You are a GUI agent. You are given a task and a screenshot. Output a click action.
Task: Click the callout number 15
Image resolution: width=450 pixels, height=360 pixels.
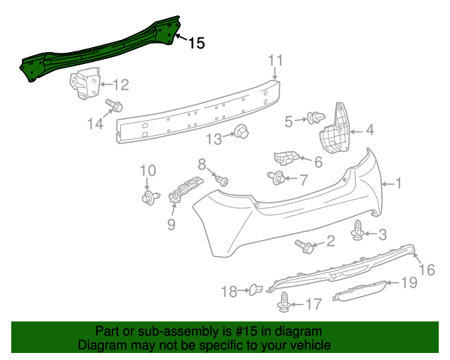[196, 43]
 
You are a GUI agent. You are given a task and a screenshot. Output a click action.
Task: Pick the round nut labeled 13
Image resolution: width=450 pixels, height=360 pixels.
[242, 132]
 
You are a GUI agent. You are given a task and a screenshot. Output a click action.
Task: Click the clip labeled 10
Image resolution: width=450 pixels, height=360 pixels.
[148, 198]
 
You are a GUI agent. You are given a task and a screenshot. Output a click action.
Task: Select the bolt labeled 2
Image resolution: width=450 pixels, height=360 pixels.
[306, 245]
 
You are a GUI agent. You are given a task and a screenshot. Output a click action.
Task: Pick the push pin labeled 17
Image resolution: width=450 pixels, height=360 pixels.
[284, 303]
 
